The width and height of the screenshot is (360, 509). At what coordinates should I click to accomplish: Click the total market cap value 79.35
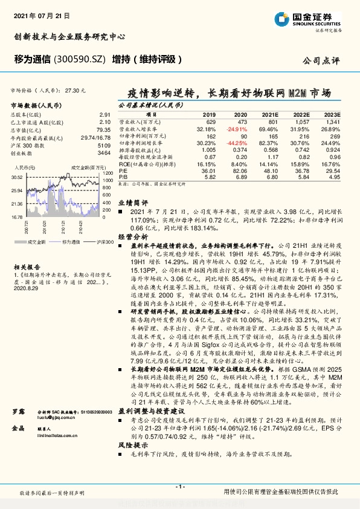pyautogui.click(x=104, y=129)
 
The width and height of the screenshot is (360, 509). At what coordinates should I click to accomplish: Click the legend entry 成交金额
pyautogui.click(x=34, y=241)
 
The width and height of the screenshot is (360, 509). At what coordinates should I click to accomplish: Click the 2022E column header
pyautogui.click(x=301, y=114)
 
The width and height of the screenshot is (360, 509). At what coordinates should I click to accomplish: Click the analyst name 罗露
pyautogui.click(x=19, y=411)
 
